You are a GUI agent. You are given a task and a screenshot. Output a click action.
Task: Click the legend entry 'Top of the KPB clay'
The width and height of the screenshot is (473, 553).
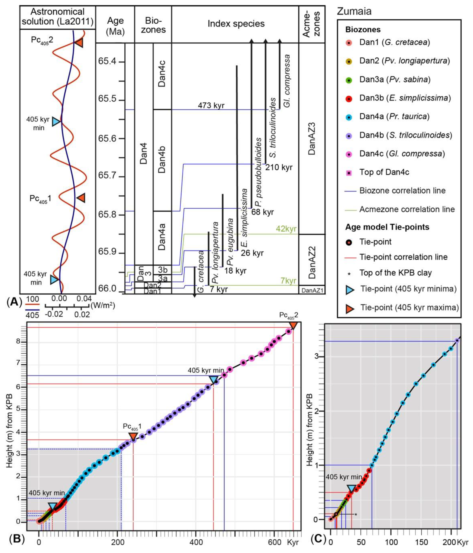[395, 273]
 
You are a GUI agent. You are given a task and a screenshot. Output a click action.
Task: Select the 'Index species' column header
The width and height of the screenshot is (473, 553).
[236, 24]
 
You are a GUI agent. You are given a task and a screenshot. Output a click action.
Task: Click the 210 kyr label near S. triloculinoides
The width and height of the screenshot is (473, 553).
[279, 168]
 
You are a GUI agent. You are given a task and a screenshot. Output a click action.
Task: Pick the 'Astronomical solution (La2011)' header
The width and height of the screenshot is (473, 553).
[58, 17]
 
